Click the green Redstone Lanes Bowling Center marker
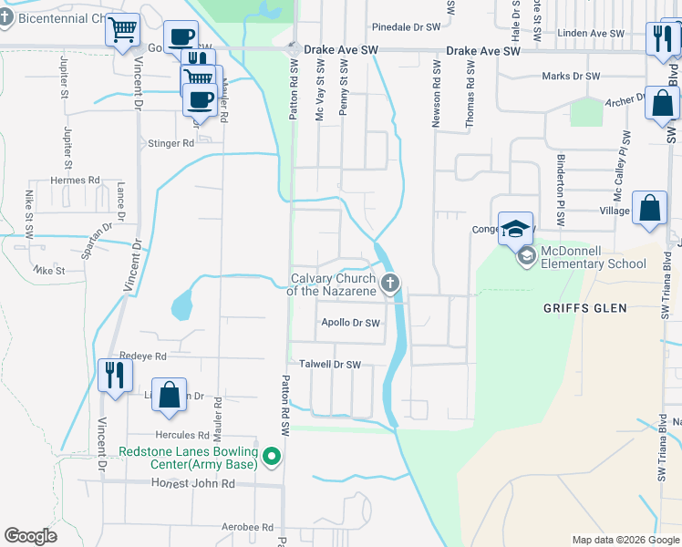click(x=271, y=457)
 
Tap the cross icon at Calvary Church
click(x=391, y=284)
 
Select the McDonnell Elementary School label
click(x=594, y=257)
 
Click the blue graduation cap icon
click(x=515, y=229)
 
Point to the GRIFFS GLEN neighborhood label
click(x=584, y=308)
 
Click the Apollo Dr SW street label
click(x=350, y=323)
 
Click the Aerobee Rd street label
click(x=248, y=527)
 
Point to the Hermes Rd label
click(x=75, y=181)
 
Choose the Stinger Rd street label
click(x=171, y=143)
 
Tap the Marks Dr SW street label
click(x=571, y=77)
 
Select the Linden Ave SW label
click(x=594, y=34)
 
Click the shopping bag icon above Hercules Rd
click(x=169, y=396)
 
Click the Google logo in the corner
click(x=30, y=536)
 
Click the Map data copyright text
click(x=625, y=540)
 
